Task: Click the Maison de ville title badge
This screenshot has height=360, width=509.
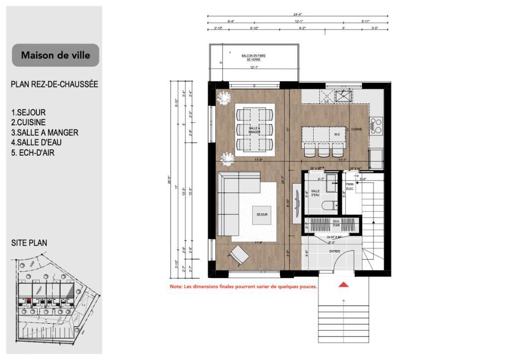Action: tap(55, 55)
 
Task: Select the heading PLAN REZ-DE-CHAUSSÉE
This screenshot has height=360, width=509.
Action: tap(54, 84)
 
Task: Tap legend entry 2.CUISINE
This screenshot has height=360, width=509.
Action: tap(28, 122)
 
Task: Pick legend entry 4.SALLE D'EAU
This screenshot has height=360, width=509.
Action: tap(36, 143)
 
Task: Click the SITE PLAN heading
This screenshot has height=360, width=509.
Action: tap(29, 243)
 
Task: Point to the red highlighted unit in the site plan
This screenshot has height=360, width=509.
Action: tap(29, 300)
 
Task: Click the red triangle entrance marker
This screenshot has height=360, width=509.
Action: tap(343, 285)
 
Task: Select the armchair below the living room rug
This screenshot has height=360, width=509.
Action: tap(239, 256)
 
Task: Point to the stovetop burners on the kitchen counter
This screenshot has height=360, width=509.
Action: tap(376, 125)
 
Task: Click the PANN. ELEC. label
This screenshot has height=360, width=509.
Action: tap(350, 186)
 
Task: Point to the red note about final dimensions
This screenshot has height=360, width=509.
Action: tap(244, 287)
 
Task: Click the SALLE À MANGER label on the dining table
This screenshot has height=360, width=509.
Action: tap(254, 130)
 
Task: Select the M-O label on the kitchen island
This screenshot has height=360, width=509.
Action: tap(337, 134)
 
